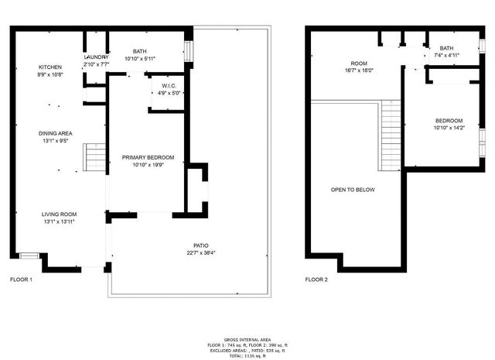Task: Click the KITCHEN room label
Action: point(50,67)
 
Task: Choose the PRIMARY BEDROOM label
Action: point(148,157)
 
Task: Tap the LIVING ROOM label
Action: point(59,214)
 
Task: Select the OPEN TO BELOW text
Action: point(353,189)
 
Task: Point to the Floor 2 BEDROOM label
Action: point(449,120)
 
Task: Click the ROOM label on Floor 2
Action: point(358,62)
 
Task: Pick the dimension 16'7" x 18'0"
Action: point(358,70)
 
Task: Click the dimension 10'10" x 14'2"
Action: point(449,129)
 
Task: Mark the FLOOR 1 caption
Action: point(21,279)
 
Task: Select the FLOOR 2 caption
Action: point(316,279)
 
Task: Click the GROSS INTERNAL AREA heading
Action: point(247,339)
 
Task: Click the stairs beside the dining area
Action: point(94,159)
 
